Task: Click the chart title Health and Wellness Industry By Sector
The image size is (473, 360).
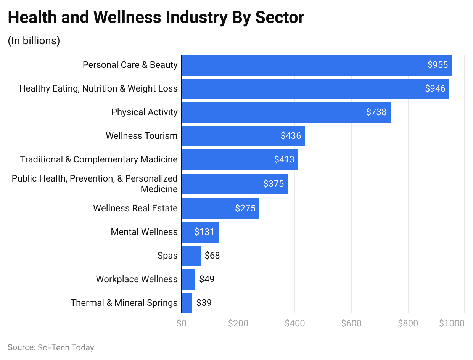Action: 156,18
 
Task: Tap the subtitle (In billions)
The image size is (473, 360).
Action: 34,41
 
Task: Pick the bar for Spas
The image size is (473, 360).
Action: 191,256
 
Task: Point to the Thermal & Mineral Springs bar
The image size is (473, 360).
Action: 187,303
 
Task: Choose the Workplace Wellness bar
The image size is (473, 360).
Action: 188,279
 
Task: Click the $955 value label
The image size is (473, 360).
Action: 438,65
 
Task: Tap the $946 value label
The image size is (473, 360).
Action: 435,88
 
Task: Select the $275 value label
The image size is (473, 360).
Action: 245,208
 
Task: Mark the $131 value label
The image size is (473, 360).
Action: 204,232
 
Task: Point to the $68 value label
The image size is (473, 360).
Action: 212,256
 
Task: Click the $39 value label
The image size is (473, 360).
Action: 204,303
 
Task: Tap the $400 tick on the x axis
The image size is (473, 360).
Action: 294,323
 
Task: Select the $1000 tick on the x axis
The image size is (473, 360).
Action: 452,323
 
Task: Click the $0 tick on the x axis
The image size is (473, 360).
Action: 182,323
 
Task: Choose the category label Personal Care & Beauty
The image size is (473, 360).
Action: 130,65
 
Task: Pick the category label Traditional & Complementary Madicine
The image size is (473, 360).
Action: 99,159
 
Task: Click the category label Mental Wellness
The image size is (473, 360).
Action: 144,232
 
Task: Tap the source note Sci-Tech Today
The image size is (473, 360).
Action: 51,347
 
